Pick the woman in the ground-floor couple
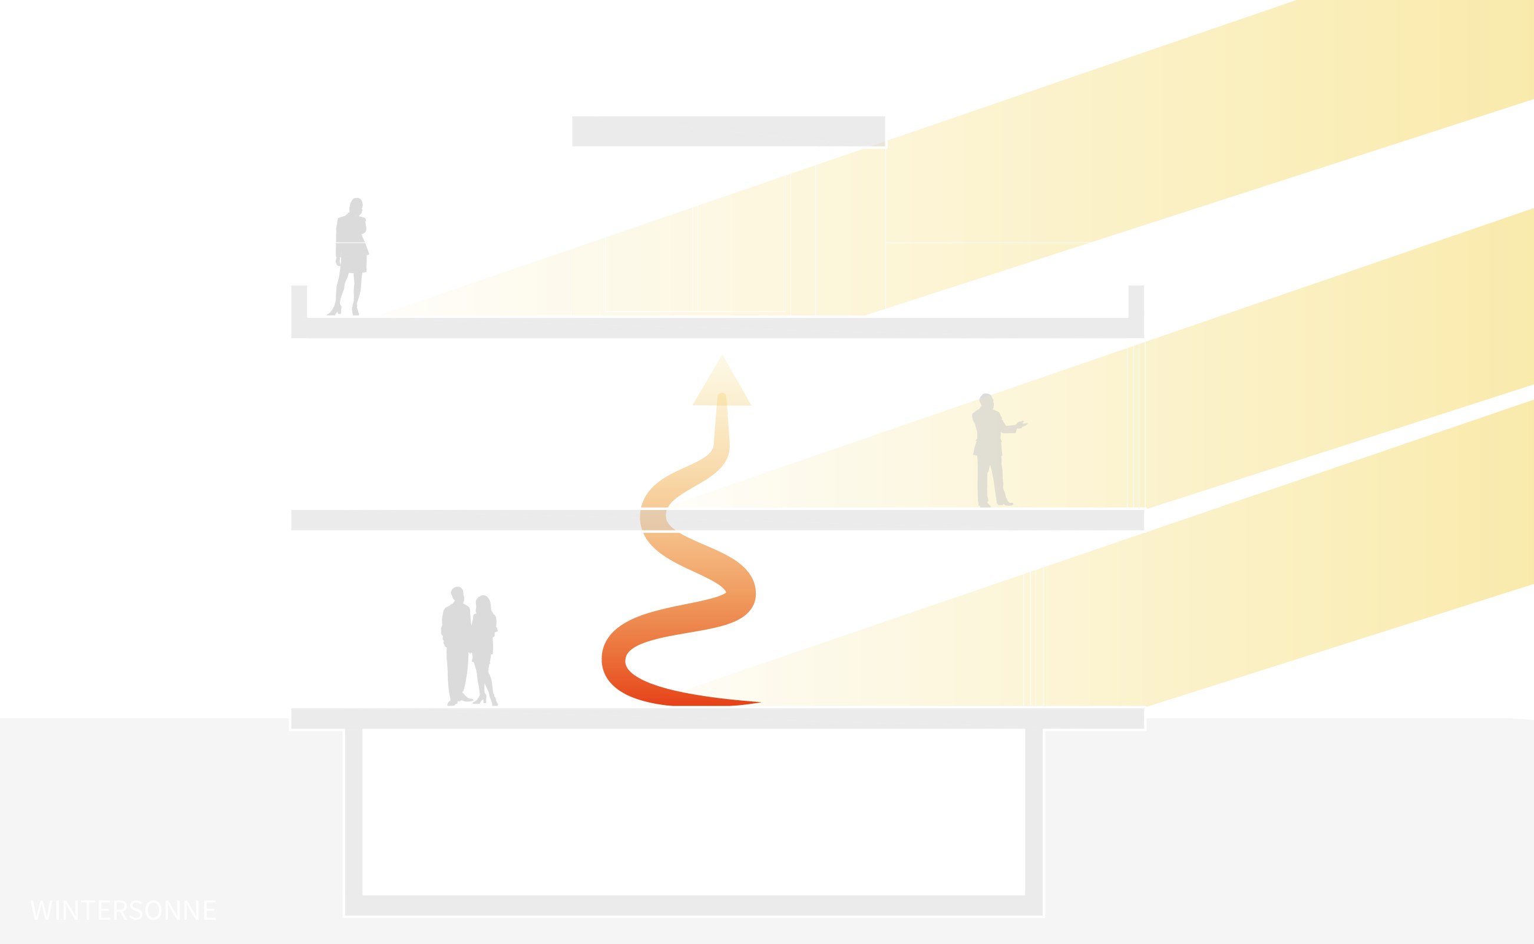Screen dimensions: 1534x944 pyautogui.click(x=484, y=650)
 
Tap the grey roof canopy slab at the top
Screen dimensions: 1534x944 pyautogui.click(x=728, y=131)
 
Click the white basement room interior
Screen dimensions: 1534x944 pyautogui.click(x=693, y=811)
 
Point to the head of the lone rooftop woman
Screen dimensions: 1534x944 pyautogui.click(x=356, y=206)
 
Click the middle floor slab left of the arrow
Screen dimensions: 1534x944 pyautogui.click(x=462, y=519)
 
